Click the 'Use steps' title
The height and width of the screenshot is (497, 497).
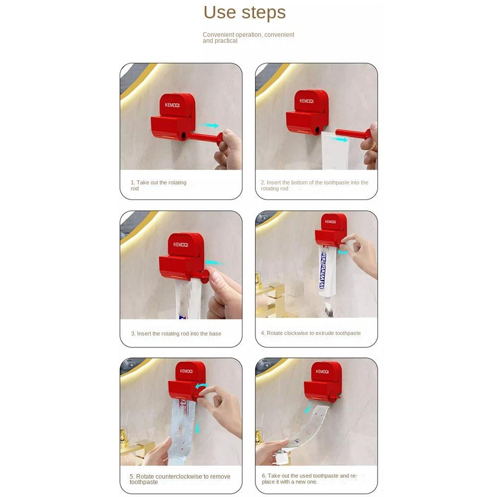tap(245, 13)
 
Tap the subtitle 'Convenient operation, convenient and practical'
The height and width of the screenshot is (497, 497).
tap(248, 37)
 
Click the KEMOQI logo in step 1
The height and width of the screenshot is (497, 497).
tap(172, 105)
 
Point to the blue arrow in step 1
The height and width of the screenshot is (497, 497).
tap(210, 126)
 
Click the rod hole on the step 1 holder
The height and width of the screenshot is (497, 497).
tap(183, 136)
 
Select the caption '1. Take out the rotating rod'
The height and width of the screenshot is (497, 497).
tap(159, 185)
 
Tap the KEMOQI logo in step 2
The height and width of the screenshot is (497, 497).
tap(307, 101)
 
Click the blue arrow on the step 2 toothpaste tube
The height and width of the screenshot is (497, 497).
tap(339, 139)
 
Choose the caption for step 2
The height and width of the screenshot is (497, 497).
tap(315, 185)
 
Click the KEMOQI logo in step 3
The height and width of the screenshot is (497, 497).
tap(181, 245)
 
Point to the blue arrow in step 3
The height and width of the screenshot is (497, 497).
tap(215, 263)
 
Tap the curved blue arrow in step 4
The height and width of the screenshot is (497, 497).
tap(343, 252)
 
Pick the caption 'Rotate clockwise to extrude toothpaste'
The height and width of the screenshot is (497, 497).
tap(311, 333)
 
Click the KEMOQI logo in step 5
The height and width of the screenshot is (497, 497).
tap(186, 371)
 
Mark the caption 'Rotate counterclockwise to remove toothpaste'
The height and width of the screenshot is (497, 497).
tap(180, 479)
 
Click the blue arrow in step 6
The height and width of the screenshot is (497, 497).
tap(308, 409)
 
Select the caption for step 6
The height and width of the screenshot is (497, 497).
tap(309, 479)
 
